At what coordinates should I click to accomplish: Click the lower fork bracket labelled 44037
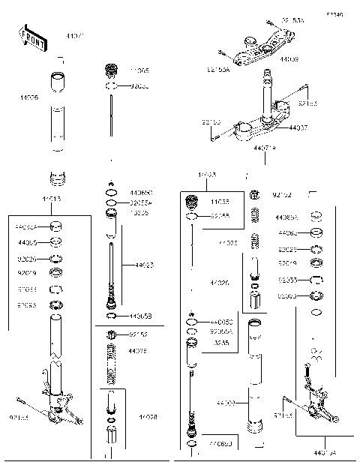(x=259, y=129)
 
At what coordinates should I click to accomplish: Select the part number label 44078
(x=137, y=351)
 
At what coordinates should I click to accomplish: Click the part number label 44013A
(x=324, y=453)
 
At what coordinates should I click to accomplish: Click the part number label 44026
(x=220, y=283)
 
